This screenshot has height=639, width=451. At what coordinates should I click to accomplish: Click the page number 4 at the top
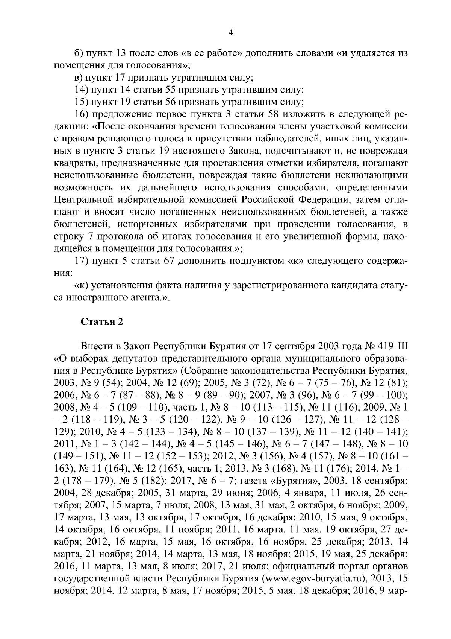point(231,33)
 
